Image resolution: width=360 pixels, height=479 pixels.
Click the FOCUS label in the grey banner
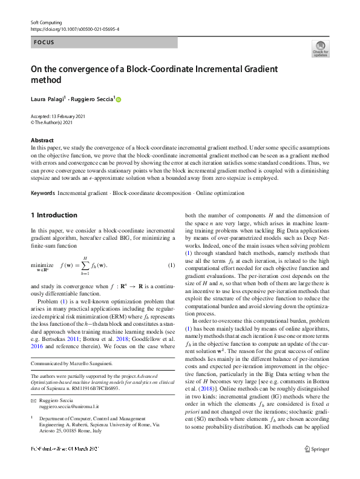(44, 42)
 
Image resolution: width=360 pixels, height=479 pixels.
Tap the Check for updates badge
(320, 50)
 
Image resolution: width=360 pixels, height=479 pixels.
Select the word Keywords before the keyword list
(42, 193)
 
